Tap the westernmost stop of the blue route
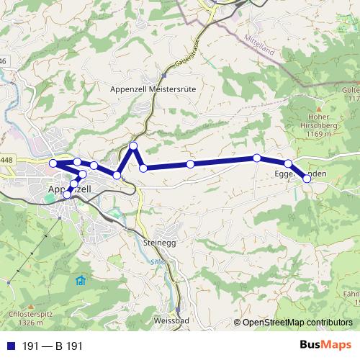[53, 163]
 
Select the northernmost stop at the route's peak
[133, 146]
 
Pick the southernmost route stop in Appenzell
[68, 194]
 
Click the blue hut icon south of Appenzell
[81, 280]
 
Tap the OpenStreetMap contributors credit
[297, 323]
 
